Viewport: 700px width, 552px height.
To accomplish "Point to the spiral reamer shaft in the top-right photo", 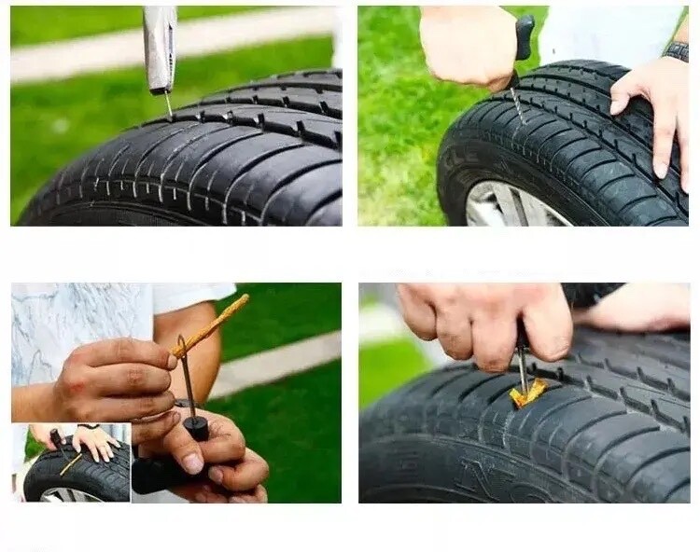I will pyautogui.click(x=516, y=103).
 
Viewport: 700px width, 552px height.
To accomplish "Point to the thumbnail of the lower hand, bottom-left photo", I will pyautogui.click(x=193, y=463).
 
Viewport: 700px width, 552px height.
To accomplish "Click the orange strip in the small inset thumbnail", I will pyautogui.click(x=70, y=463).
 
